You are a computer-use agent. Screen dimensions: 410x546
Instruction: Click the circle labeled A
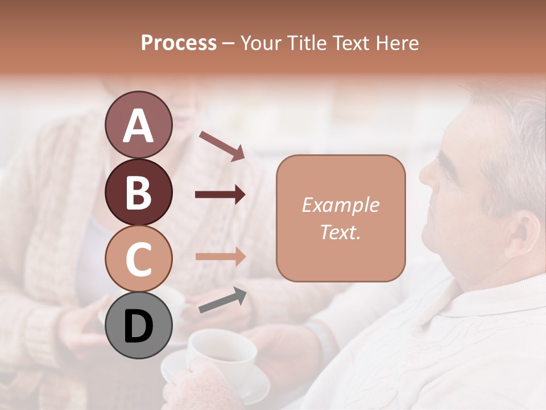click(138, 125)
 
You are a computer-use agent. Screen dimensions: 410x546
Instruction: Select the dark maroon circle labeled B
click(138, 192)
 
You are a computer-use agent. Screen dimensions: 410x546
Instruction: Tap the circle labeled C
click(138, 259)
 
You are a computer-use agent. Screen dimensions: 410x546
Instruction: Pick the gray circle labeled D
click(138, 325)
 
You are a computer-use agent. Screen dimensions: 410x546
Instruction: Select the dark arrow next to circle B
click(220, 195)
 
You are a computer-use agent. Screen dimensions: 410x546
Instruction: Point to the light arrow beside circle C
click(220, 257)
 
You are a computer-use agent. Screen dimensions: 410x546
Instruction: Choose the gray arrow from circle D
click(222, 300)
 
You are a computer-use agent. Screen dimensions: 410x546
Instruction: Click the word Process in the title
click(179, 43)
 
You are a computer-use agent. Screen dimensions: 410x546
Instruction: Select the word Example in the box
click(340, 205)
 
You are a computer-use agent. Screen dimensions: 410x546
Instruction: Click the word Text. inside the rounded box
click(340, 232)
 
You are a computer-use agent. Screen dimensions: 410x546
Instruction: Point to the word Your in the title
click(260, 43)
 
